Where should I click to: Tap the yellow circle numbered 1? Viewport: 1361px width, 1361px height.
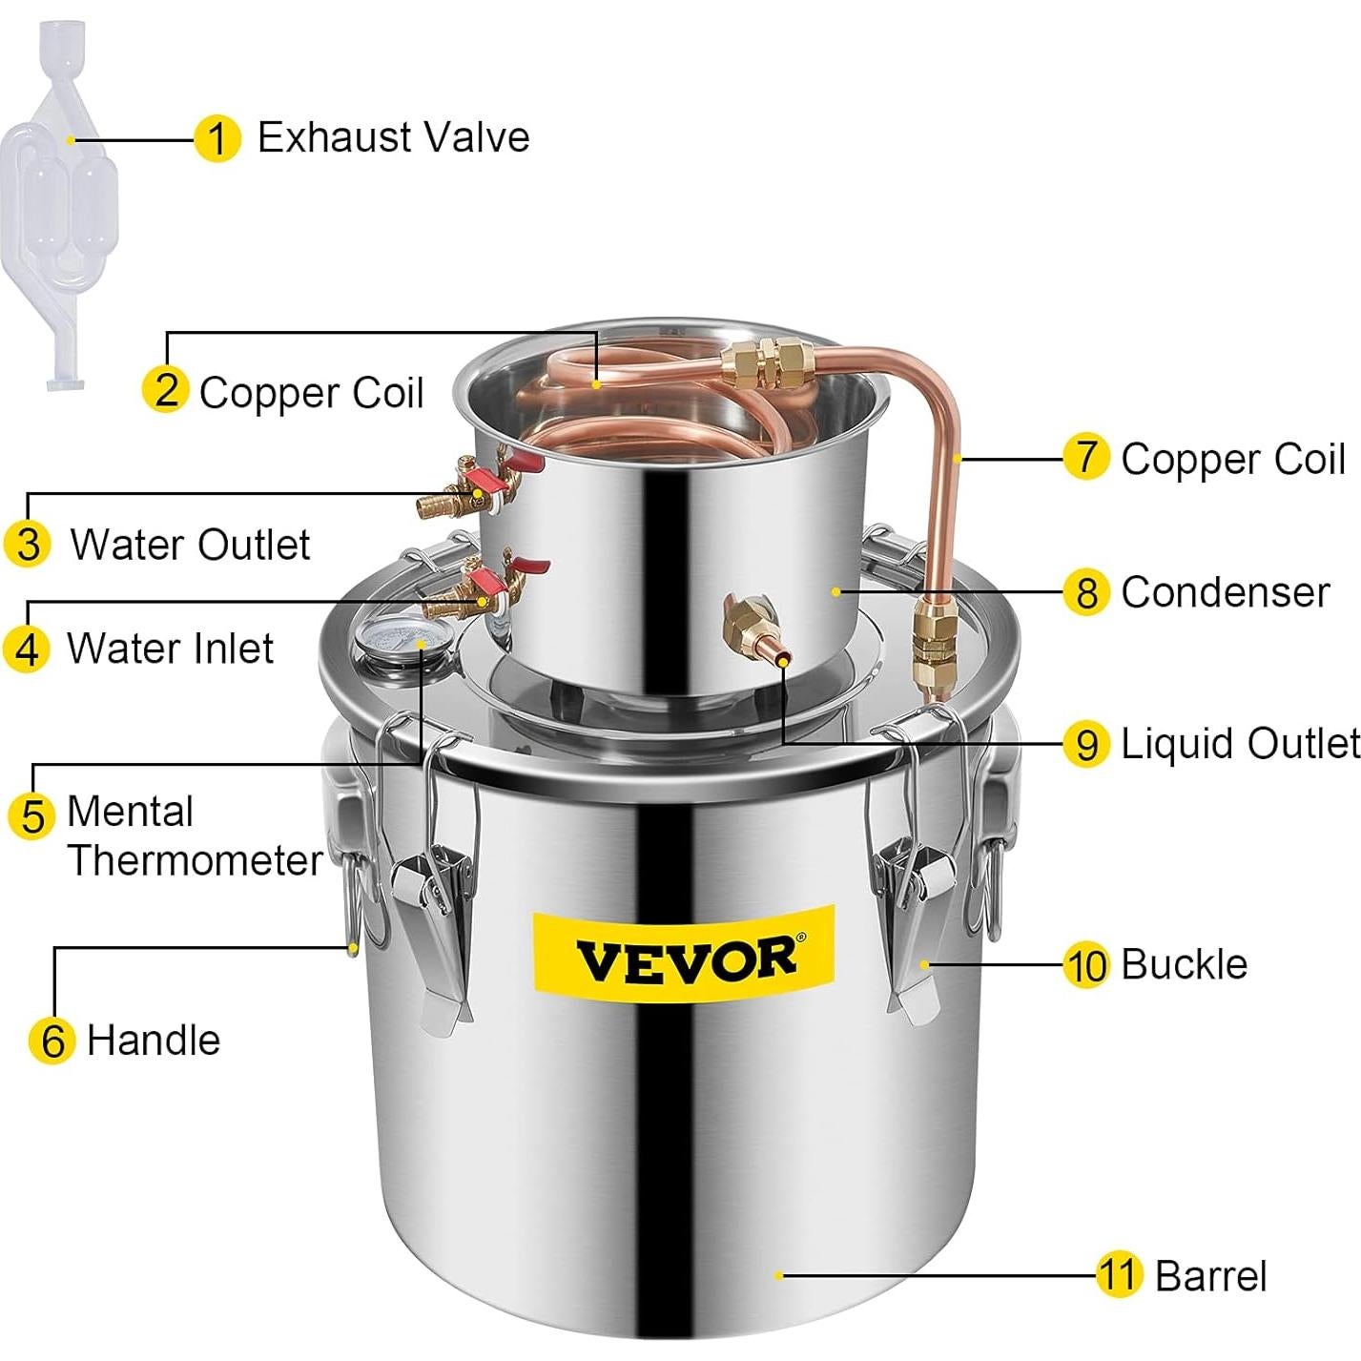point(217,139)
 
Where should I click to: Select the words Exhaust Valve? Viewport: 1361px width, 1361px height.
point(393,137)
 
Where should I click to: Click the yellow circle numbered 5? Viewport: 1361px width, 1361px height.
point(32,816)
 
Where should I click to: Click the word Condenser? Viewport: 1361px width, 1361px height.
point(1225,592)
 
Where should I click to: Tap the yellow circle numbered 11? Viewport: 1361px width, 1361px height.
point(1119,1274)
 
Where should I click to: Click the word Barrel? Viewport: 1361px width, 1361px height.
point(1210,1276)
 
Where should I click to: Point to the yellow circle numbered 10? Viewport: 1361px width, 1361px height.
point(1086,965)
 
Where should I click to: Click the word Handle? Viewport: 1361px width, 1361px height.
point(153,1040)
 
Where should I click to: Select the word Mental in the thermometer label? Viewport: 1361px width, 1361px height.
point(130,813)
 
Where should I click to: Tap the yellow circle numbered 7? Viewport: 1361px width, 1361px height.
point(1085,457)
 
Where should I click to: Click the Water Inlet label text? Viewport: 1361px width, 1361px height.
point(170,649)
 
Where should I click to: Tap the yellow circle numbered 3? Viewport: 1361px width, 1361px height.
point(29,545)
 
